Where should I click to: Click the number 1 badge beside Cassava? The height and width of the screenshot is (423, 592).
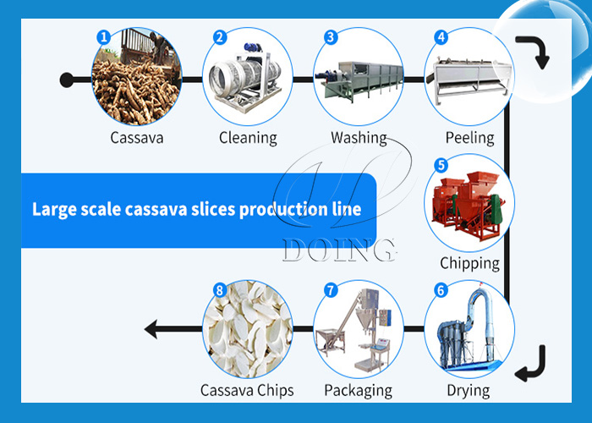tap(103, 37)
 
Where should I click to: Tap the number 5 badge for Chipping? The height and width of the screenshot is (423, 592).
tap(441, 165)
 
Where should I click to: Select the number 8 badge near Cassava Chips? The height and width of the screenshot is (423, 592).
tap(220, 290)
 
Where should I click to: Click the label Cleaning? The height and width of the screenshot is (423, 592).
tap(248, 137)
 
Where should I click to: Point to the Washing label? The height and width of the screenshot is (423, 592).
tap(359, 137)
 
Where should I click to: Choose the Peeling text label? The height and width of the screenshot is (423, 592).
tap(469, 137)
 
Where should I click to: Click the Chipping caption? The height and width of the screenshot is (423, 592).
tap(469, 263)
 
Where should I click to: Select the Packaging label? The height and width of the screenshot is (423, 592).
tap(358, 390)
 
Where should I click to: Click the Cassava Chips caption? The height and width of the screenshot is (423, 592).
tap(247, 390)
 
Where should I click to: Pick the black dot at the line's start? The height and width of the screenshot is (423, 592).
tap(67, 80)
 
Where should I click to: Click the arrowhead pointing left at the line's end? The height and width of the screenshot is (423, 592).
tap(151, 327)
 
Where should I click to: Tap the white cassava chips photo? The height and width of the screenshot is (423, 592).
tap(247, 332)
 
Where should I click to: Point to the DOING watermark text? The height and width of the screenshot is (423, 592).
tap(338, 250)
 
